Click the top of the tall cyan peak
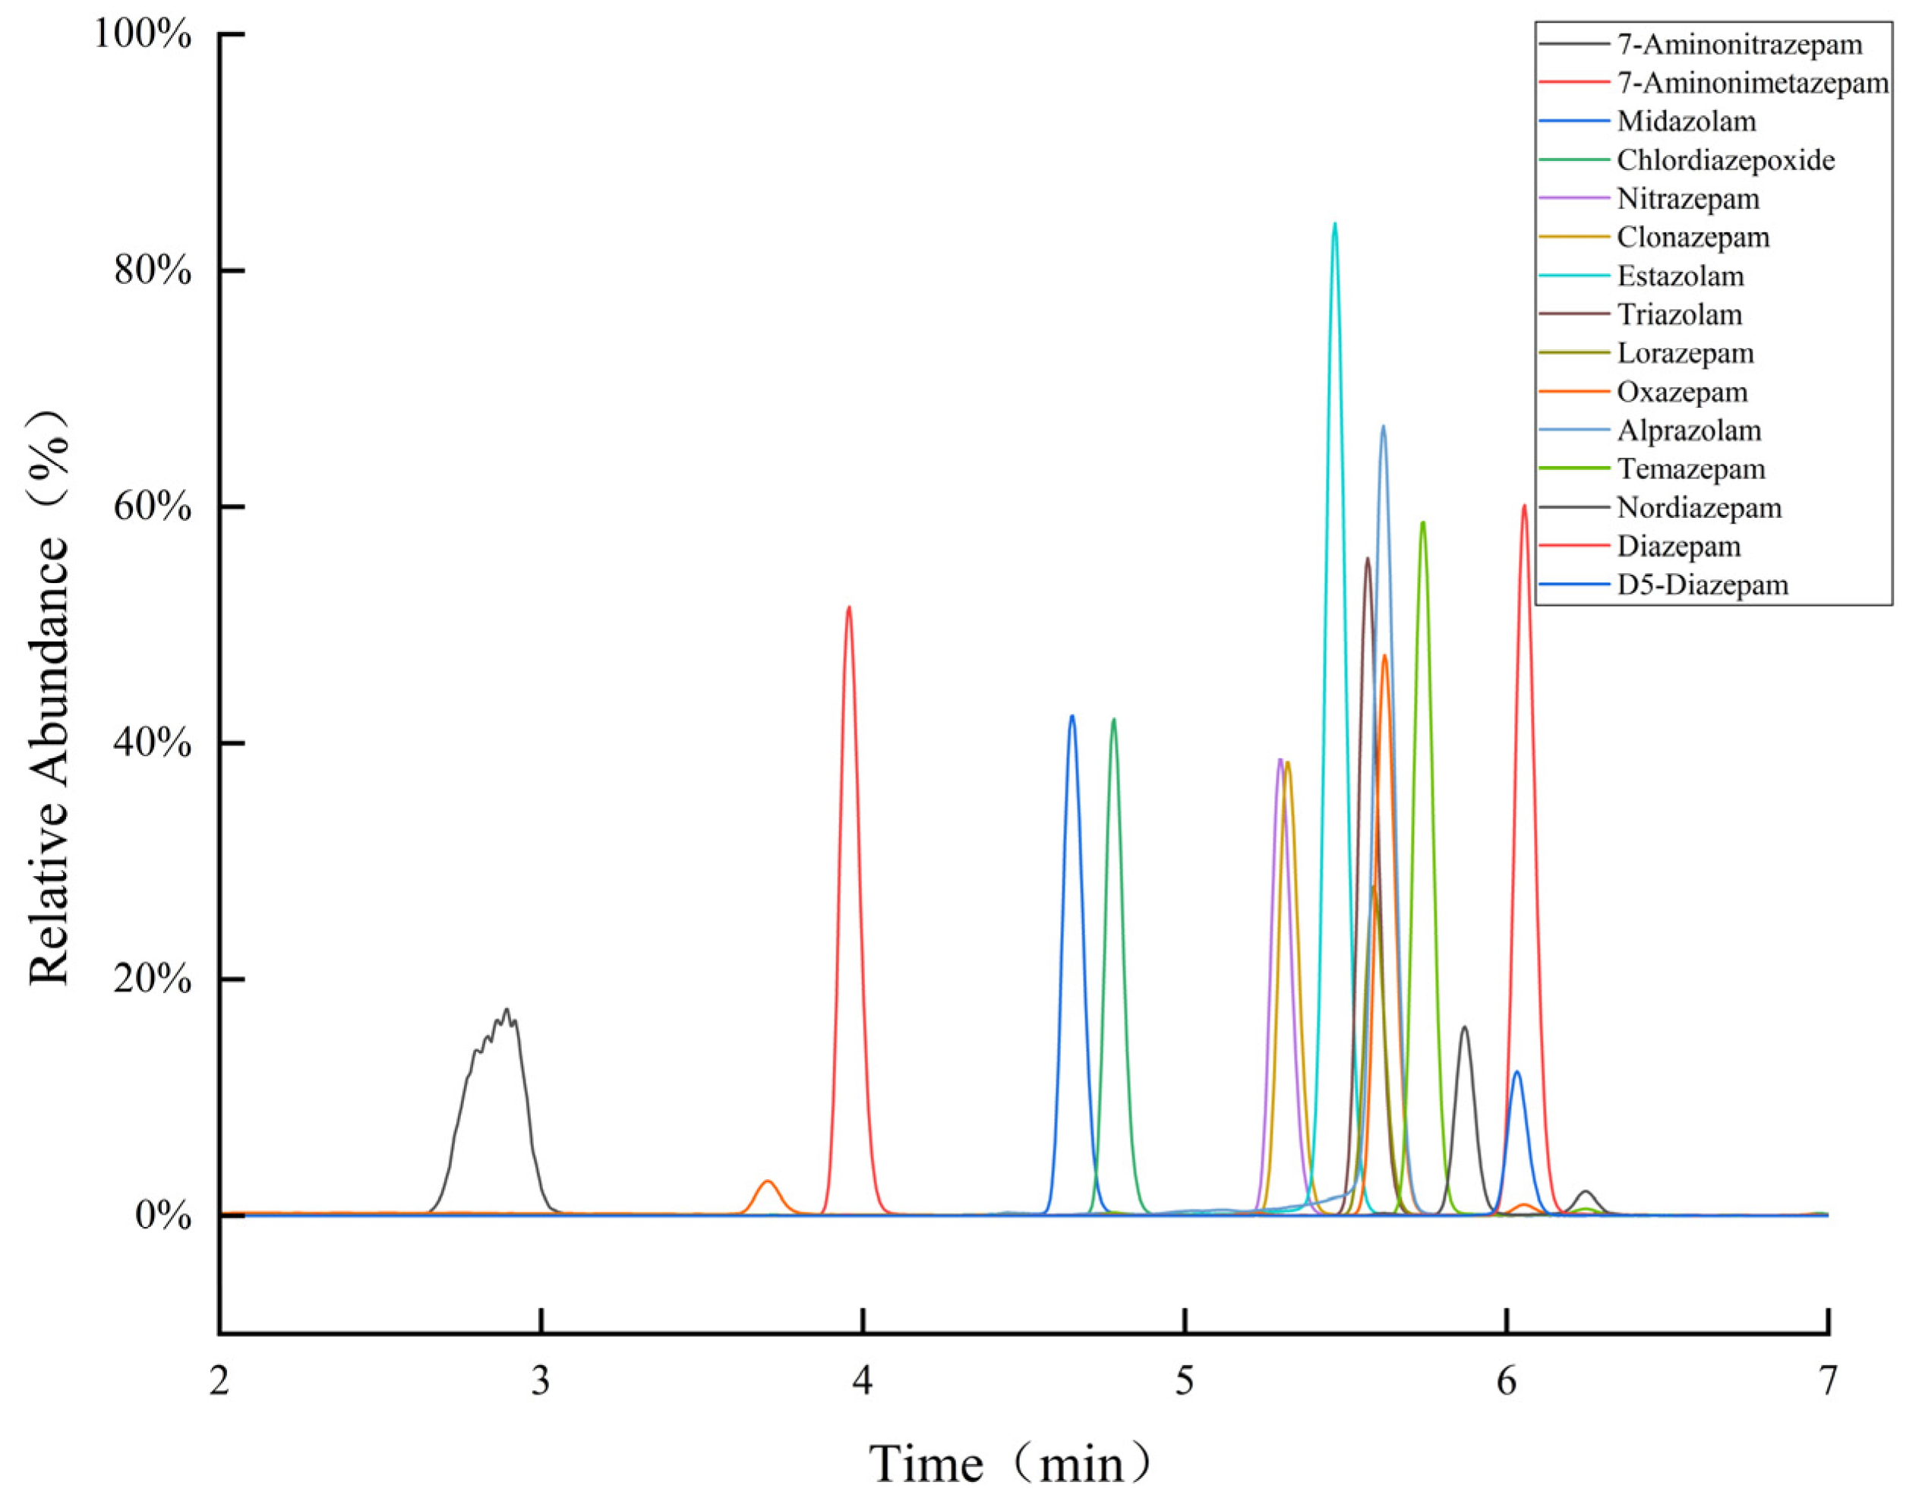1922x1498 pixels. (1335, 223)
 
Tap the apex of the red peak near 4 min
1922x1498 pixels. (848, 607)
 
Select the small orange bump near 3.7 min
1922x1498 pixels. (768, 1181)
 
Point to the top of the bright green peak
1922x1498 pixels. (1423, 522)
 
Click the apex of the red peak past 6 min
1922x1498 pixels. (1524, 506)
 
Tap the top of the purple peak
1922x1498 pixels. (1280, 759)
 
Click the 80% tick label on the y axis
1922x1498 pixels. (152, 271)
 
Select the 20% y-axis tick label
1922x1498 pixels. (152, 979)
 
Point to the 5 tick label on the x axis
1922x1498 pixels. (1185, 1382)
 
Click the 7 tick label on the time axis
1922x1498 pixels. (1829, 1382)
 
